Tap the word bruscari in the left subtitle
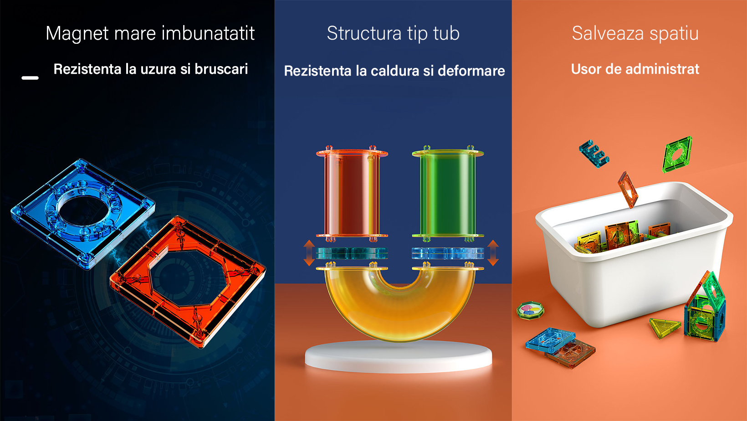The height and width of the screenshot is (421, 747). pos(221,69)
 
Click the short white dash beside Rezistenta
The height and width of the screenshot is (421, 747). pos(30,78)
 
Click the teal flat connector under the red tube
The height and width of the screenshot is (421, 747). pos(352,253)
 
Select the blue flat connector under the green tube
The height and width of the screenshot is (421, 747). pos(448,253)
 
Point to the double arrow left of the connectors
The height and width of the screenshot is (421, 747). pos(309,253)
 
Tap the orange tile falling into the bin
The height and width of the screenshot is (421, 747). pos(628,190)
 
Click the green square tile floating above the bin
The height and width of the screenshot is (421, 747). pos(677,154)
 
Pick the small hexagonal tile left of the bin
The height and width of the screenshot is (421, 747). pos(530,310)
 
